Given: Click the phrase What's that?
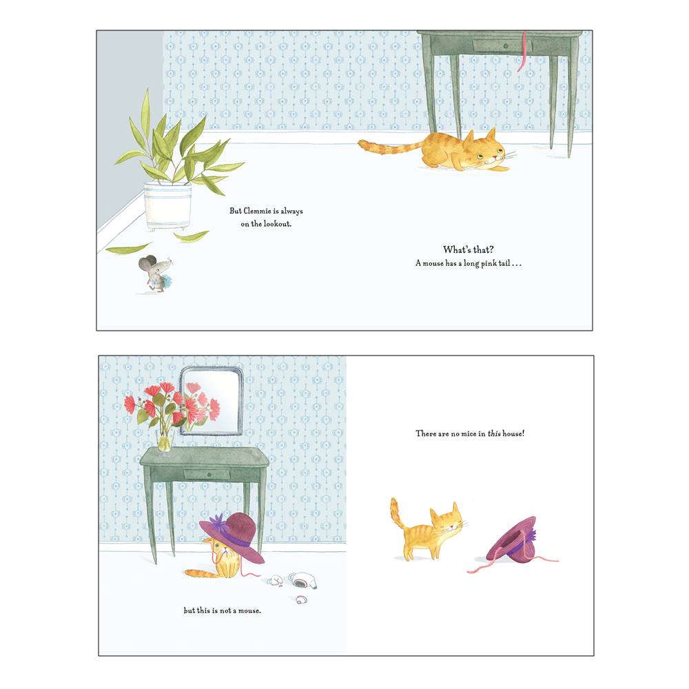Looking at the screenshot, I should pos(469,249).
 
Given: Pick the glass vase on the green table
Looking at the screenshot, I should pos(164,441).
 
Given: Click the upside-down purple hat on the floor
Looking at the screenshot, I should pos(511,539).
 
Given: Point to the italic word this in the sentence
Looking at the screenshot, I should pos(493,434).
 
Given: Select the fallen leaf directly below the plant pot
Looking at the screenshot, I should pos(191,236).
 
